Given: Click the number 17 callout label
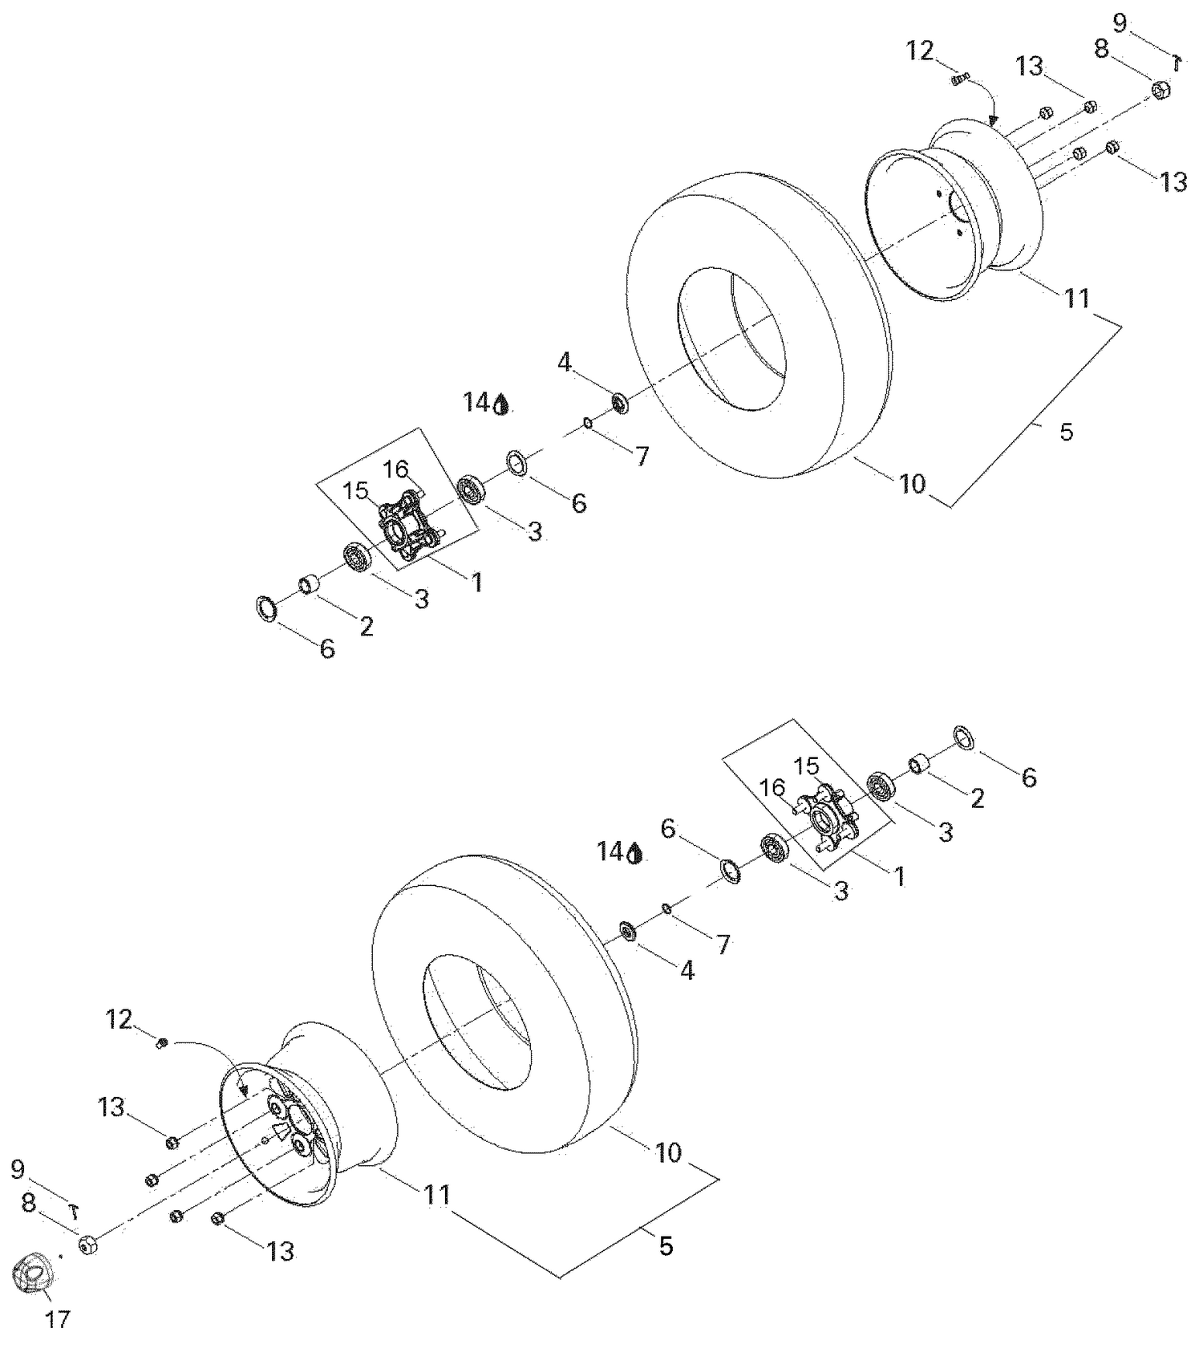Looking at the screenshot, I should coord(57,1319).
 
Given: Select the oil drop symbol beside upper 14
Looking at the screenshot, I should coord(501,404).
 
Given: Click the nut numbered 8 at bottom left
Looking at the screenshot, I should coord(88,1245).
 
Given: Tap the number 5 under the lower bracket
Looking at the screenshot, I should coord(666,1245).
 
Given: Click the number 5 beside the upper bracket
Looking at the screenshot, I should coord(1066,432).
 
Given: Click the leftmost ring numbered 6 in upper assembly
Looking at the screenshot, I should coord(265,608).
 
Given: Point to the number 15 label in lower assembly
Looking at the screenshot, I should coord(806,766).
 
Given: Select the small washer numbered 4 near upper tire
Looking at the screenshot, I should coord(619,402).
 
